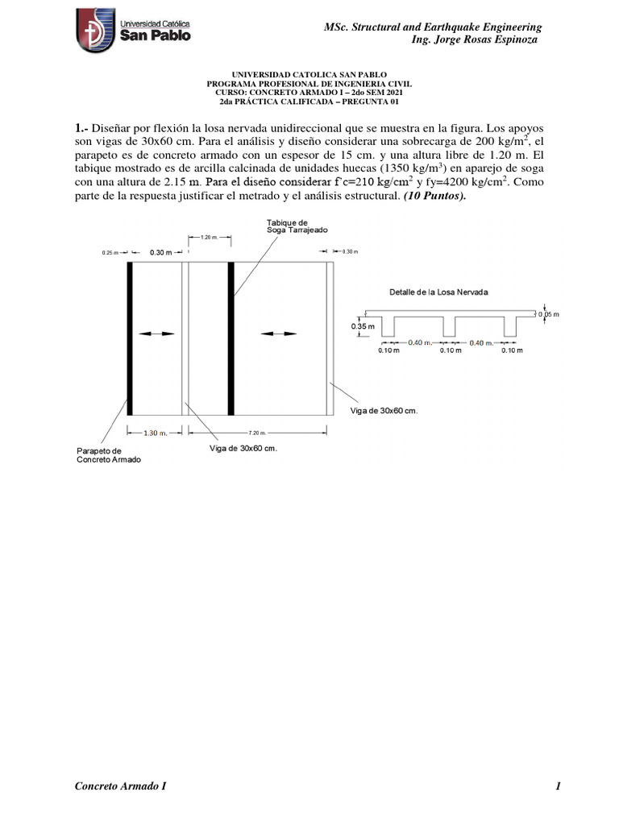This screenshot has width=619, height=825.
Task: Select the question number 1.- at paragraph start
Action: click(x=81, y=128)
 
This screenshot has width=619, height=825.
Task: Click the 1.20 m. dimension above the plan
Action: click(x=210, y=237)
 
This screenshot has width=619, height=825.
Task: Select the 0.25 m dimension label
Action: click(x=110, y=252)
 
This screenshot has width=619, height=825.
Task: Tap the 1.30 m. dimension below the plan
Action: click(x=155, y=433)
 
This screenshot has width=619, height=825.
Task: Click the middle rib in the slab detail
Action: click(x=449, y=326)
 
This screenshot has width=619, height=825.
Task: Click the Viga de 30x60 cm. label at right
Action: click(x=384, y=410)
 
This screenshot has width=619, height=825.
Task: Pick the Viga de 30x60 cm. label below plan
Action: click(x=243, y=448)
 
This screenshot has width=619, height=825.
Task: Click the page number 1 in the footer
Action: click(x=557, y=786)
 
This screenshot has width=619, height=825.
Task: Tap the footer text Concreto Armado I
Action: click(x=120, y=786)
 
